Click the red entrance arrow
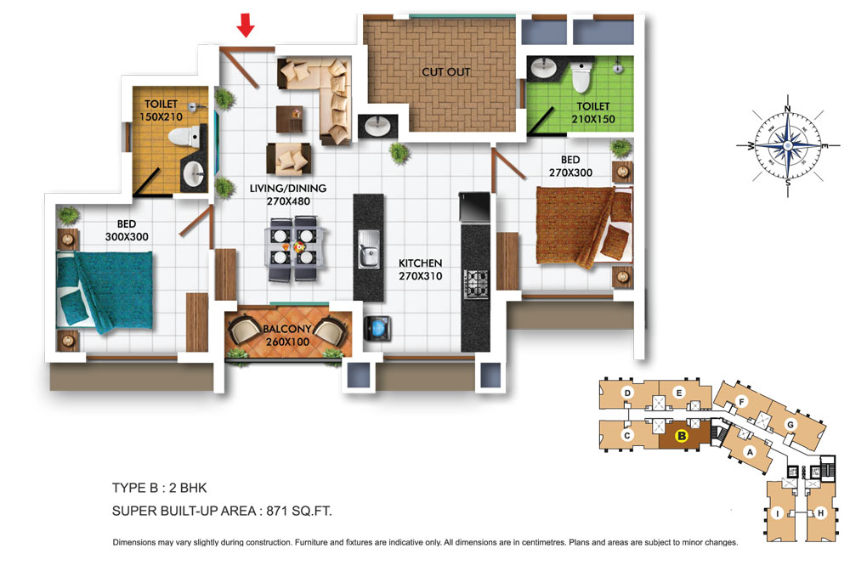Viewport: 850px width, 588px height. tap(246, 25)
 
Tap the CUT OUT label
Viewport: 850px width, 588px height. tap(445, 71)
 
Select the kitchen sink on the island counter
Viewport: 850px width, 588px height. tap(369, 249)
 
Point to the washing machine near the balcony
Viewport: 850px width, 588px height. tap(377, 328)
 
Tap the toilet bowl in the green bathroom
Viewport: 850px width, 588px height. tap(581, 76)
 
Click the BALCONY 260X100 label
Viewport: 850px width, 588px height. tap(287, 336)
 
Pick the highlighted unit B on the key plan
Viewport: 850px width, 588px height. tap(682, 435)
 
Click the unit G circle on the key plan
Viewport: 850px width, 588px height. tap(790, 424)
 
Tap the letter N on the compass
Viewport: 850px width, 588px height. tap(788, 109)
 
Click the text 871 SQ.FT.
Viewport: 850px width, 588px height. tap(298, 511)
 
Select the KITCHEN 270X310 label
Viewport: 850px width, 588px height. tap(420, 269)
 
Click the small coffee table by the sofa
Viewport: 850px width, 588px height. tap(290, 119)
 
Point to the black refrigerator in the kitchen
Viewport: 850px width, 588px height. tap(474, 207)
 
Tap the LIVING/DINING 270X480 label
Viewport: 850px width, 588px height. tap(288, 195)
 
